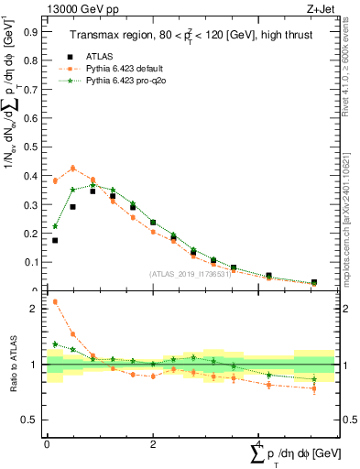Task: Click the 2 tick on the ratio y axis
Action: click(x=38, y=309)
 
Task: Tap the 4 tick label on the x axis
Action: click(x=257, y=444)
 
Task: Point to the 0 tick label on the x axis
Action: click(x=47, y=444)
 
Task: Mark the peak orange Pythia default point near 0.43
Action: click(x=73, y=168)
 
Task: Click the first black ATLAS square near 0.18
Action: click(x=55, y=240)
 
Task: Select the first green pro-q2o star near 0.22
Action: click(x=55, y=226)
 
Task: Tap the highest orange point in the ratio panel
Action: click(x=55, y=301)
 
